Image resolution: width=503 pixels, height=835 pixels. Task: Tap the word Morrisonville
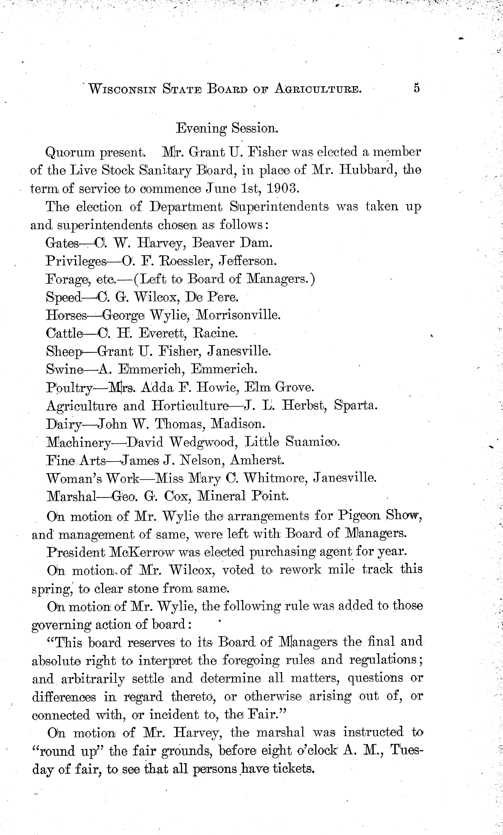(239, 315)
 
